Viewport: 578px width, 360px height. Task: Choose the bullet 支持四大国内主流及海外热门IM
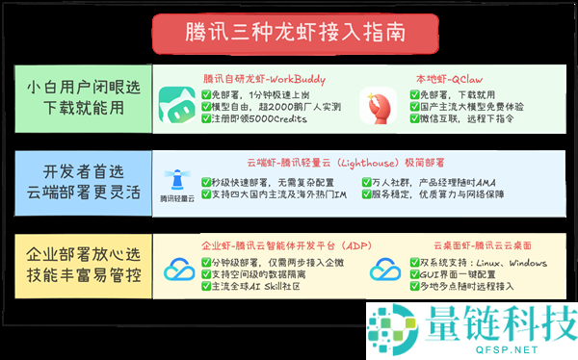278,196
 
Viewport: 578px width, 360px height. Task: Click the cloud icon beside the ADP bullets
179,272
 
